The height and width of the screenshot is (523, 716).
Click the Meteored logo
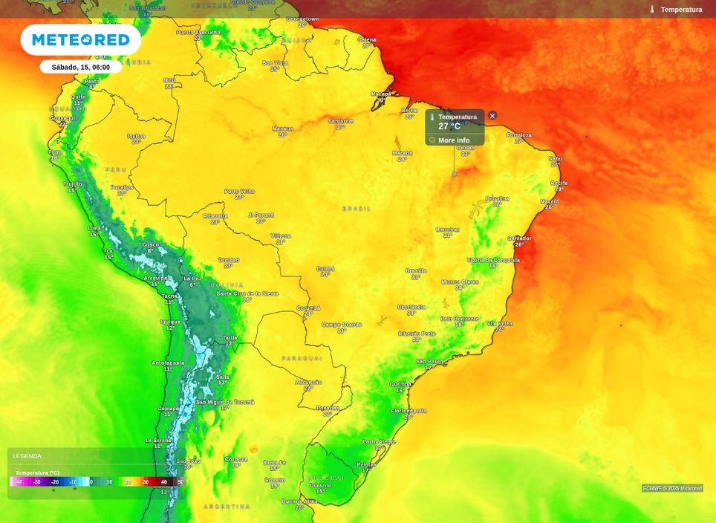click(80, 39)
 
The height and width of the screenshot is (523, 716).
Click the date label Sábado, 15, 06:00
click(80, 67)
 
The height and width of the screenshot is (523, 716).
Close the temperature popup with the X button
click(492, 116)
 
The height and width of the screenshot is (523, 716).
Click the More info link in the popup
click(453, 140)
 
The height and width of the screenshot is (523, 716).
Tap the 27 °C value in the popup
click(449, 126)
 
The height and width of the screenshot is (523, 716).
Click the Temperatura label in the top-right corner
click(680, 10)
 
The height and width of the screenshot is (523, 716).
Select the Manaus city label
click(282, 129)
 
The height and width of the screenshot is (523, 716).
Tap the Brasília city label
click(416, 271)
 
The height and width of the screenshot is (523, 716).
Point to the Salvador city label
click(519, 238)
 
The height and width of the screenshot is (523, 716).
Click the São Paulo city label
click(429, 361)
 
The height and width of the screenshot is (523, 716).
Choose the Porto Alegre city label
click(379, 442)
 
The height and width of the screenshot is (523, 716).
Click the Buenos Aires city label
click(299, 501)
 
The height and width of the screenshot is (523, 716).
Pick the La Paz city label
click(192, 279)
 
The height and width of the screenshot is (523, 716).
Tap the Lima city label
click(94, 228)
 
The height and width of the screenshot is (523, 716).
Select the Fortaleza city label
click(519, 135)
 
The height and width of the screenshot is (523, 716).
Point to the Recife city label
click(559, 183)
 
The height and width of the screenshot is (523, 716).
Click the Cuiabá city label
click(325, 269)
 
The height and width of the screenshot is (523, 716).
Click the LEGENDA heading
click(27, 456)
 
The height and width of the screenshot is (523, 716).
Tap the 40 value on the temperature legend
click(164, 482)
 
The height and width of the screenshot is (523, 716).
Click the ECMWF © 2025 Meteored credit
click(671, 488)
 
